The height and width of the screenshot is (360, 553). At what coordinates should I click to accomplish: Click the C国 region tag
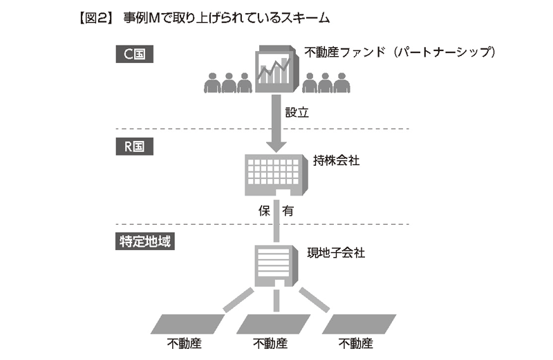(x=135, y=54)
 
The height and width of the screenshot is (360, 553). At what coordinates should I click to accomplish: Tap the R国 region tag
(x=135, y=147)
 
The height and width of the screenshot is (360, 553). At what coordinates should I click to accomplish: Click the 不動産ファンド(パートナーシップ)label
(x=401, y=52)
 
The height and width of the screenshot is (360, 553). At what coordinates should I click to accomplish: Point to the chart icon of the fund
(x=275, y=69)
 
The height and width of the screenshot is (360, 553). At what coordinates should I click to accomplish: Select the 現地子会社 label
(x=337, y=252)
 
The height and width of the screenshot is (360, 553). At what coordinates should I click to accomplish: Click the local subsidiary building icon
(x=276, y=265)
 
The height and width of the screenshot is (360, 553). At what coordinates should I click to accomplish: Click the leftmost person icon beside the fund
(x=212, y=82)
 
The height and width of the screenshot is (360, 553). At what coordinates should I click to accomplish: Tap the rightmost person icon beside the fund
(x=341, y=82)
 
